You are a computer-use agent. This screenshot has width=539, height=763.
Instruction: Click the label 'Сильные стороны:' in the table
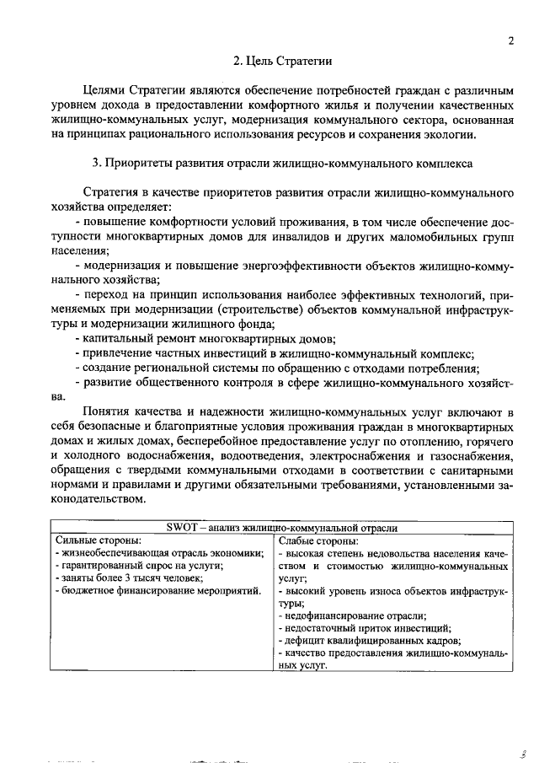(x=98, y=540)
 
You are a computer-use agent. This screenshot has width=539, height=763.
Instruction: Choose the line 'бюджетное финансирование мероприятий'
(x=157, y=592)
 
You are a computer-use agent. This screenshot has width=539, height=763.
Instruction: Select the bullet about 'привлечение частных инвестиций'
(x=274, y=352)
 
